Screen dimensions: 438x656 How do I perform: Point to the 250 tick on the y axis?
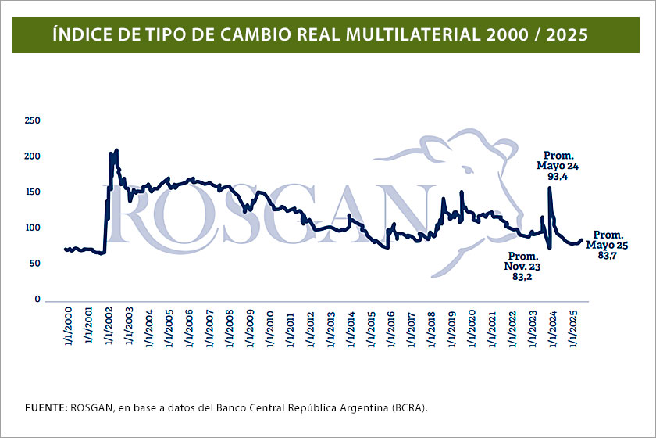[x=33, y=120]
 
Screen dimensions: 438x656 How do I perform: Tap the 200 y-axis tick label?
[x=33, y=156]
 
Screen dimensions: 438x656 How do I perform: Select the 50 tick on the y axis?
[x=35, y=264]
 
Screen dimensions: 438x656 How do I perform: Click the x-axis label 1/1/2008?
[x=229, y=327]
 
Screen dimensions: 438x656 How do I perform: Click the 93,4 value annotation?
[x=558, y=177]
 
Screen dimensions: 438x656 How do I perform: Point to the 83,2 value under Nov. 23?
[x=523, y=278]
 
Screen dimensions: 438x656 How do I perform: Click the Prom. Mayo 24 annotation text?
[x=558, y=160]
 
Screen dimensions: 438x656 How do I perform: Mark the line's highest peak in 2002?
[x=116, y=149]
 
